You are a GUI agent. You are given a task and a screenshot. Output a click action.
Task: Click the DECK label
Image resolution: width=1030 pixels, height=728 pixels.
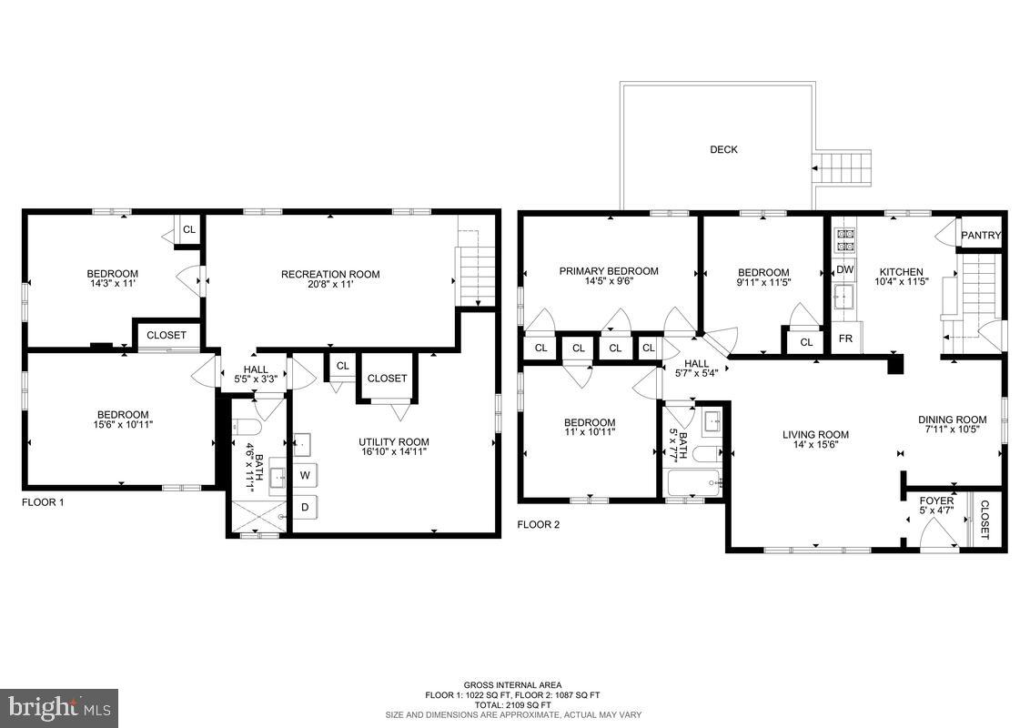pos(723,150)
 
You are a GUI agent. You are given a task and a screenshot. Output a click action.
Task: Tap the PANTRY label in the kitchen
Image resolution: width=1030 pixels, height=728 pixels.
pos(981,236)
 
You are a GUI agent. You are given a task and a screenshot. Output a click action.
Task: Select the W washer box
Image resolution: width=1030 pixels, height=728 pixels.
pos(305,474)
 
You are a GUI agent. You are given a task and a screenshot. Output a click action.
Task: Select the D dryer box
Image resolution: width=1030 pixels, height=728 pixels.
pos(305,507)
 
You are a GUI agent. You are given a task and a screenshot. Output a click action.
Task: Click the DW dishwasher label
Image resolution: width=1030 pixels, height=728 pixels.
pos(844,269)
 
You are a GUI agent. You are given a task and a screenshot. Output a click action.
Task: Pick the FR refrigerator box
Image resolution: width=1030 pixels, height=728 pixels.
pos(844,339)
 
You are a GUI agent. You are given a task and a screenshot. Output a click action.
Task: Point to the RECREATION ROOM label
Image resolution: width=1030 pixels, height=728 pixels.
pos(330,275)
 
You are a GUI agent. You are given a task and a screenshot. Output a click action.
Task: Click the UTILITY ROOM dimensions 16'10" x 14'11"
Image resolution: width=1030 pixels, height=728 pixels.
pos(393,451)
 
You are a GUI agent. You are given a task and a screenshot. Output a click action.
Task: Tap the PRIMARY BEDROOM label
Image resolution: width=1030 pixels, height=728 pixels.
pos(609,271)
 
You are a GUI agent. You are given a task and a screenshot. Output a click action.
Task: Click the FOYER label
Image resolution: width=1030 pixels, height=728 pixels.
pos(936,501)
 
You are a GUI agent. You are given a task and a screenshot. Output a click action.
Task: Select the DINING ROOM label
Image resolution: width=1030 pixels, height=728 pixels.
pos(952,420)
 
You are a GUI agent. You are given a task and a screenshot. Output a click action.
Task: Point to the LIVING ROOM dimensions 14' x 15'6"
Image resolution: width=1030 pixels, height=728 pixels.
pos(815,445)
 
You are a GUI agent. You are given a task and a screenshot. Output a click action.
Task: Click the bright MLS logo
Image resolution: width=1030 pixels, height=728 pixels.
pos(59,705)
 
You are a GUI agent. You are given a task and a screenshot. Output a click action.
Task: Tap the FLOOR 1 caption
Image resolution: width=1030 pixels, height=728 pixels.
pos(43,502)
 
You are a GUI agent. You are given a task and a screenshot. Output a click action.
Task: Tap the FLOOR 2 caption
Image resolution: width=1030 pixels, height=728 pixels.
pos(540,525)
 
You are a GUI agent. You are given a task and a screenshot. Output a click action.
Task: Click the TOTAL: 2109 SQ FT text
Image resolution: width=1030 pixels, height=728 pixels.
pos(514,704)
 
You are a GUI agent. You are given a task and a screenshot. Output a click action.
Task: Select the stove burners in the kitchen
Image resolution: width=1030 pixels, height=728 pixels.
pos(844,238)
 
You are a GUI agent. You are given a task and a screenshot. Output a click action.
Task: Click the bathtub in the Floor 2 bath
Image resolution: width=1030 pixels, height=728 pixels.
pos(694,483)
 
